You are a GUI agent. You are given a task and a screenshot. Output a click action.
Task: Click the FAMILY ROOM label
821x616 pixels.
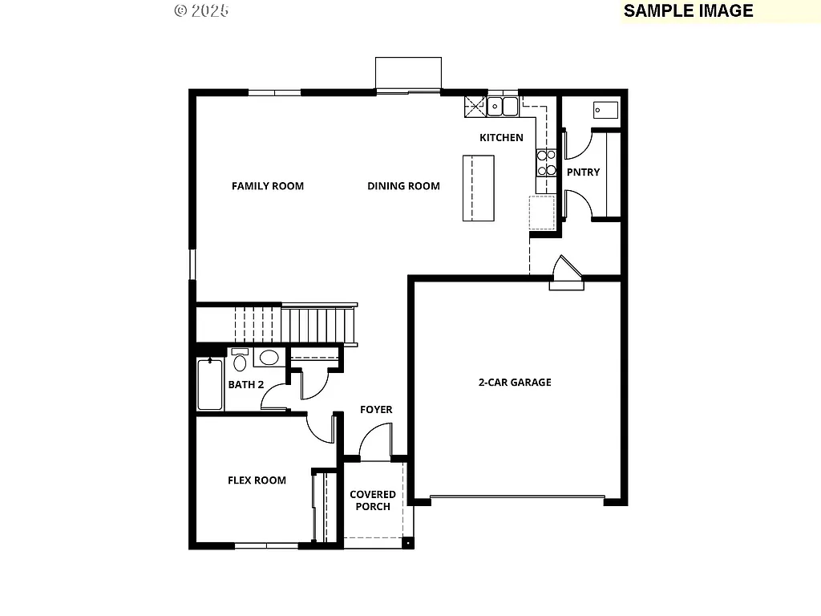click(268, 186)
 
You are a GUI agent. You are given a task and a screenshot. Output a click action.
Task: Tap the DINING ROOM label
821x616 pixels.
click(403, 186)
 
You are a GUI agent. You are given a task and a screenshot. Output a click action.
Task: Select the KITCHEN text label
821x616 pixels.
click(501, 138)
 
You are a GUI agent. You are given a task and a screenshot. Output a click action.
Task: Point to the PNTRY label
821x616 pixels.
click(583, 172)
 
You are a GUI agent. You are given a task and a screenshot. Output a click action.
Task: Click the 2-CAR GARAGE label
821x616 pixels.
click(515, 383)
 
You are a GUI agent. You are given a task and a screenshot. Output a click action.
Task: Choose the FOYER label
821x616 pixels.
click(376, 410)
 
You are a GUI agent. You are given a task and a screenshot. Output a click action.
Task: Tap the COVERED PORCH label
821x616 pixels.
click(373, 500)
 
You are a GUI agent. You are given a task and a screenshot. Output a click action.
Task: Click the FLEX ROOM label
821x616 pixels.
click(257, 480)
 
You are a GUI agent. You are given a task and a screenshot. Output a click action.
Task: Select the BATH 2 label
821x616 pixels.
click(246, 384)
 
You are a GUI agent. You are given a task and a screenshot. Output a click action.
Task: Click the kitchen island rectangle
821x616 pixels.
click(479, 188)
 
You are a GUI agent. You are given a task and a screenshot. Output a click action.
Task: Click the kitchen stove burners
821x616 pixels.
click(546, 163)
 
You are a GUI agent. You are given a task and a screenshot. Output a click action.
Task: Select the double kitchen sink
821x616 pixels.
click(503, 105)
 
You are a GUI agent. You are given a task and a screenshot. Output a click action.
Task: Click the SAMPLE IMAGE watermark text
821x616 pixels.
click(688, 10)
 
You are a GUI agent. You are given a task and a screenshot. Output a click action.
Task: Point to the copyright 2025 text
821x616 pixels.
click(201, 10)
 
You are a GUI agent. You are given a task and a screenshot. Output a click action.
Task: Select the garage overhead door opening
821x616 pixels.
click(517, 498)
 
